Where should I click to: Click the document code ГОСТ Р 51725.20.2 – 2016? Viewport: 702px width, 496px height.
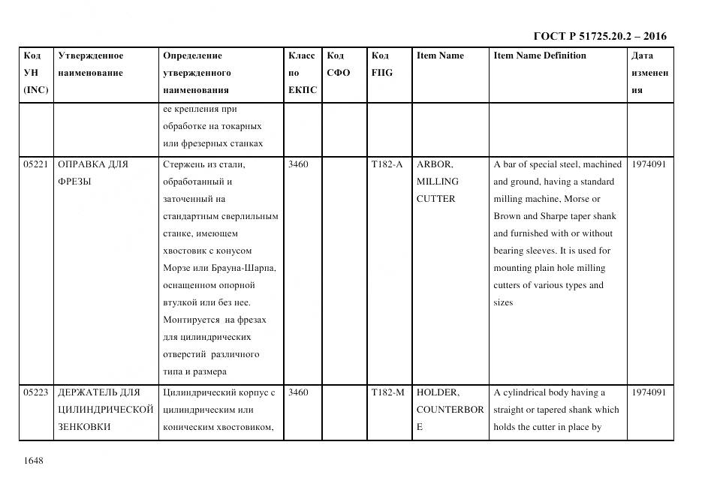coord(599,36)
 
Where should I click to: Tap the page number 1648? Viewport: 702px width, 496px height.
coord(34,460)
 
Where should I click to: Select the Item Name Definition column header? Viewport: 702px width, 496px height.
coord(540,56)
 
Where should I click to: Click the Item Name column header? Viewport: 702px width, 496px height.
coord(440,56)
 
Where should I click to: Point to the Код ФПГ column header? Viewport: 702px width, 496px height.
coord(381,64)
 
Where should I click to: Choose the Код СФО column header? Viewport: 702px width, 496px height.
coord(339,64)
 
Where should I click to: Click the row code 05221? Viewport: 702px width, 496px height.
coord(35,164)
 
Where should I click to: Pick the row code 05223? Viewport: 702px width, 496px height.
coord(35,392)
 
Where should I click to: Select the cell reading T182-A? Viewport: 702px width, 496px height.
coord(387,164)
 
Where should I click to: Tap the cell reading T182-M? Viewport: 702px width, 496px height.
coord(387,392)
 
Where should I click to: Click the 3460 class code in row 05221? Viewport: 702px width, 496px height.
coord(298,164)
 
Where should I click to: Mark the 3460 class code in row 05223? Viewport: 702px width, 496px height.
coord(298,392)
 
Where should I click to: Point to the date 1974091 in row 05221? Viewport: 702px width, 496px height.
coord(649,164)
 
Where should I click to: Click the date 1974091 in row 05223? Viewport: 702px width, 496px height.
coord(649,392)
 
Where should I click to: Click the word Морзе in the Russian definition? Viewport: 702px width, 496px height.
coord(177,268)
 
